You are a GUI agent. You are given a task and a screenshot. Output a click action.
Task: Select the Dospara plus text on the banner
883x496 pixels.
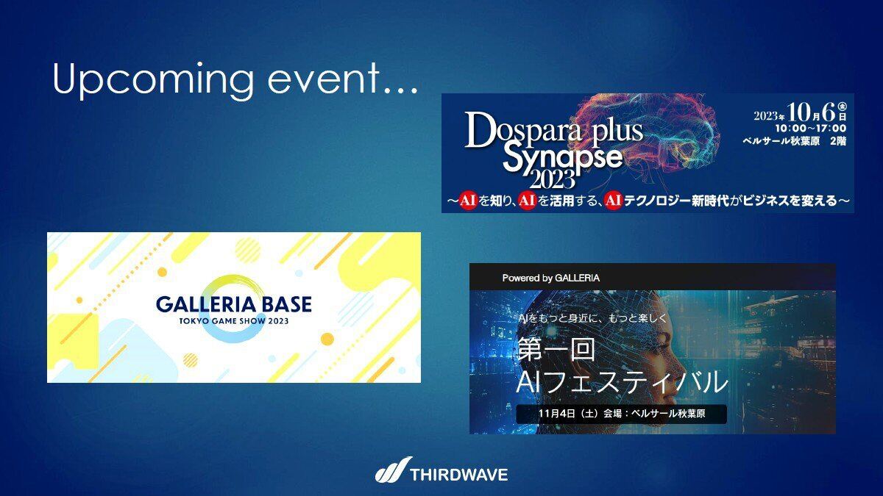coord(553,129)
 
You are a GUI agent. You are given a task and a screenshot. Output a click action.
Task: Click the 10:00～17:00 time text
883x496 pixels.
coord(810,129)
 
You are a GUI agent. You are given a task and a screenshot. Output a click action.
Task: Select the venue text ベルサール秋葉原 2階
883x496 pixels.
coord(794,141)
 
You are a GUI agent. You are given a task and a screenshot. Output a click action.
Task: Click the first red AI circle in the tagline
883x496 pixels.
coord(467,201)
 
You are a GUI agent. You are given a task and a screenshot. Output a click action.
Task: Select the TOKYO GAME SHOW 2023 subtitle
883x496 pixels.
coord(234,321)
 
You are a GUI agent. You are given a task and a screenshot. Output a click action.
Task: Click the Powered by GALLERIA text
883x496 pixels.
coord(550,278)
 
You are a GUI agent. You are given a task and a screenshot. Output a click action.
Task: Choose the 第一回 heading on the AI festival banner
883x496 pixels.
coord(556,350)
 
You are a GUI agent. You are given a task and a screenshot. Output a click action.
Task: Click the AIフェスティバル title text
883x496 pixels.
coord(622,382)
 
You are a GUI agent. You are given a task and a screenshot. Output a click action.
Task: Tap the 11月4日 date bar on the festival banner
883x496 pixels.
coord(621,414)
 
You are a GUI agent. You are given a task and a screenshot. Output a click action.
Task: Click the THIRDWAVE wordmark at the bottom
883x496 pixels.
coord(459,475)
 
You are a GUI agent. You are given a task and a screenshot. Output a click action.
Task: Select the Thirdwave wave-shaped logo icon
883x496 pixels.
coord(393,470)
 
